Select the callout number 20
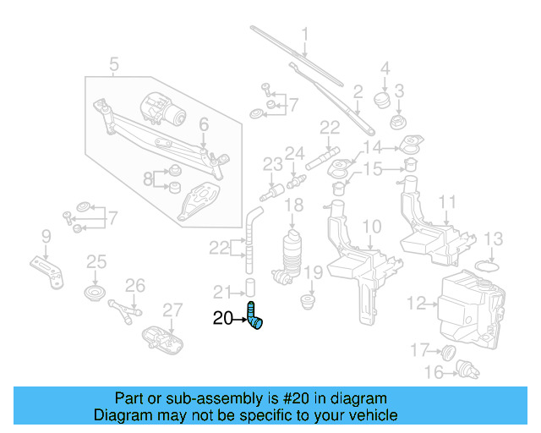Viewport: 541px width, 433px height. tap(222, 319)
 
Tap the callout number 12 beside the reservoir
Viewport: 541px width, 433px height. tap(415, 302)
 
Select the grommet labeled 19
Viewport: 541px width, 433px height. tap(309, 300)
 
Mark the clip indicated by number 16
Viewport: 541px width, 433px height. tap(462, 368)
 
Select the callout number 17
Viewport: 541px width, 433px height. tap(420, 349)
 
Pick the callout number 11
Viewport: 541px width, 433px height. tap(447, 202)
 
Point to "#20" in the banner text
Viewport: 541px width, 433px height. tap(303, 398)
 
